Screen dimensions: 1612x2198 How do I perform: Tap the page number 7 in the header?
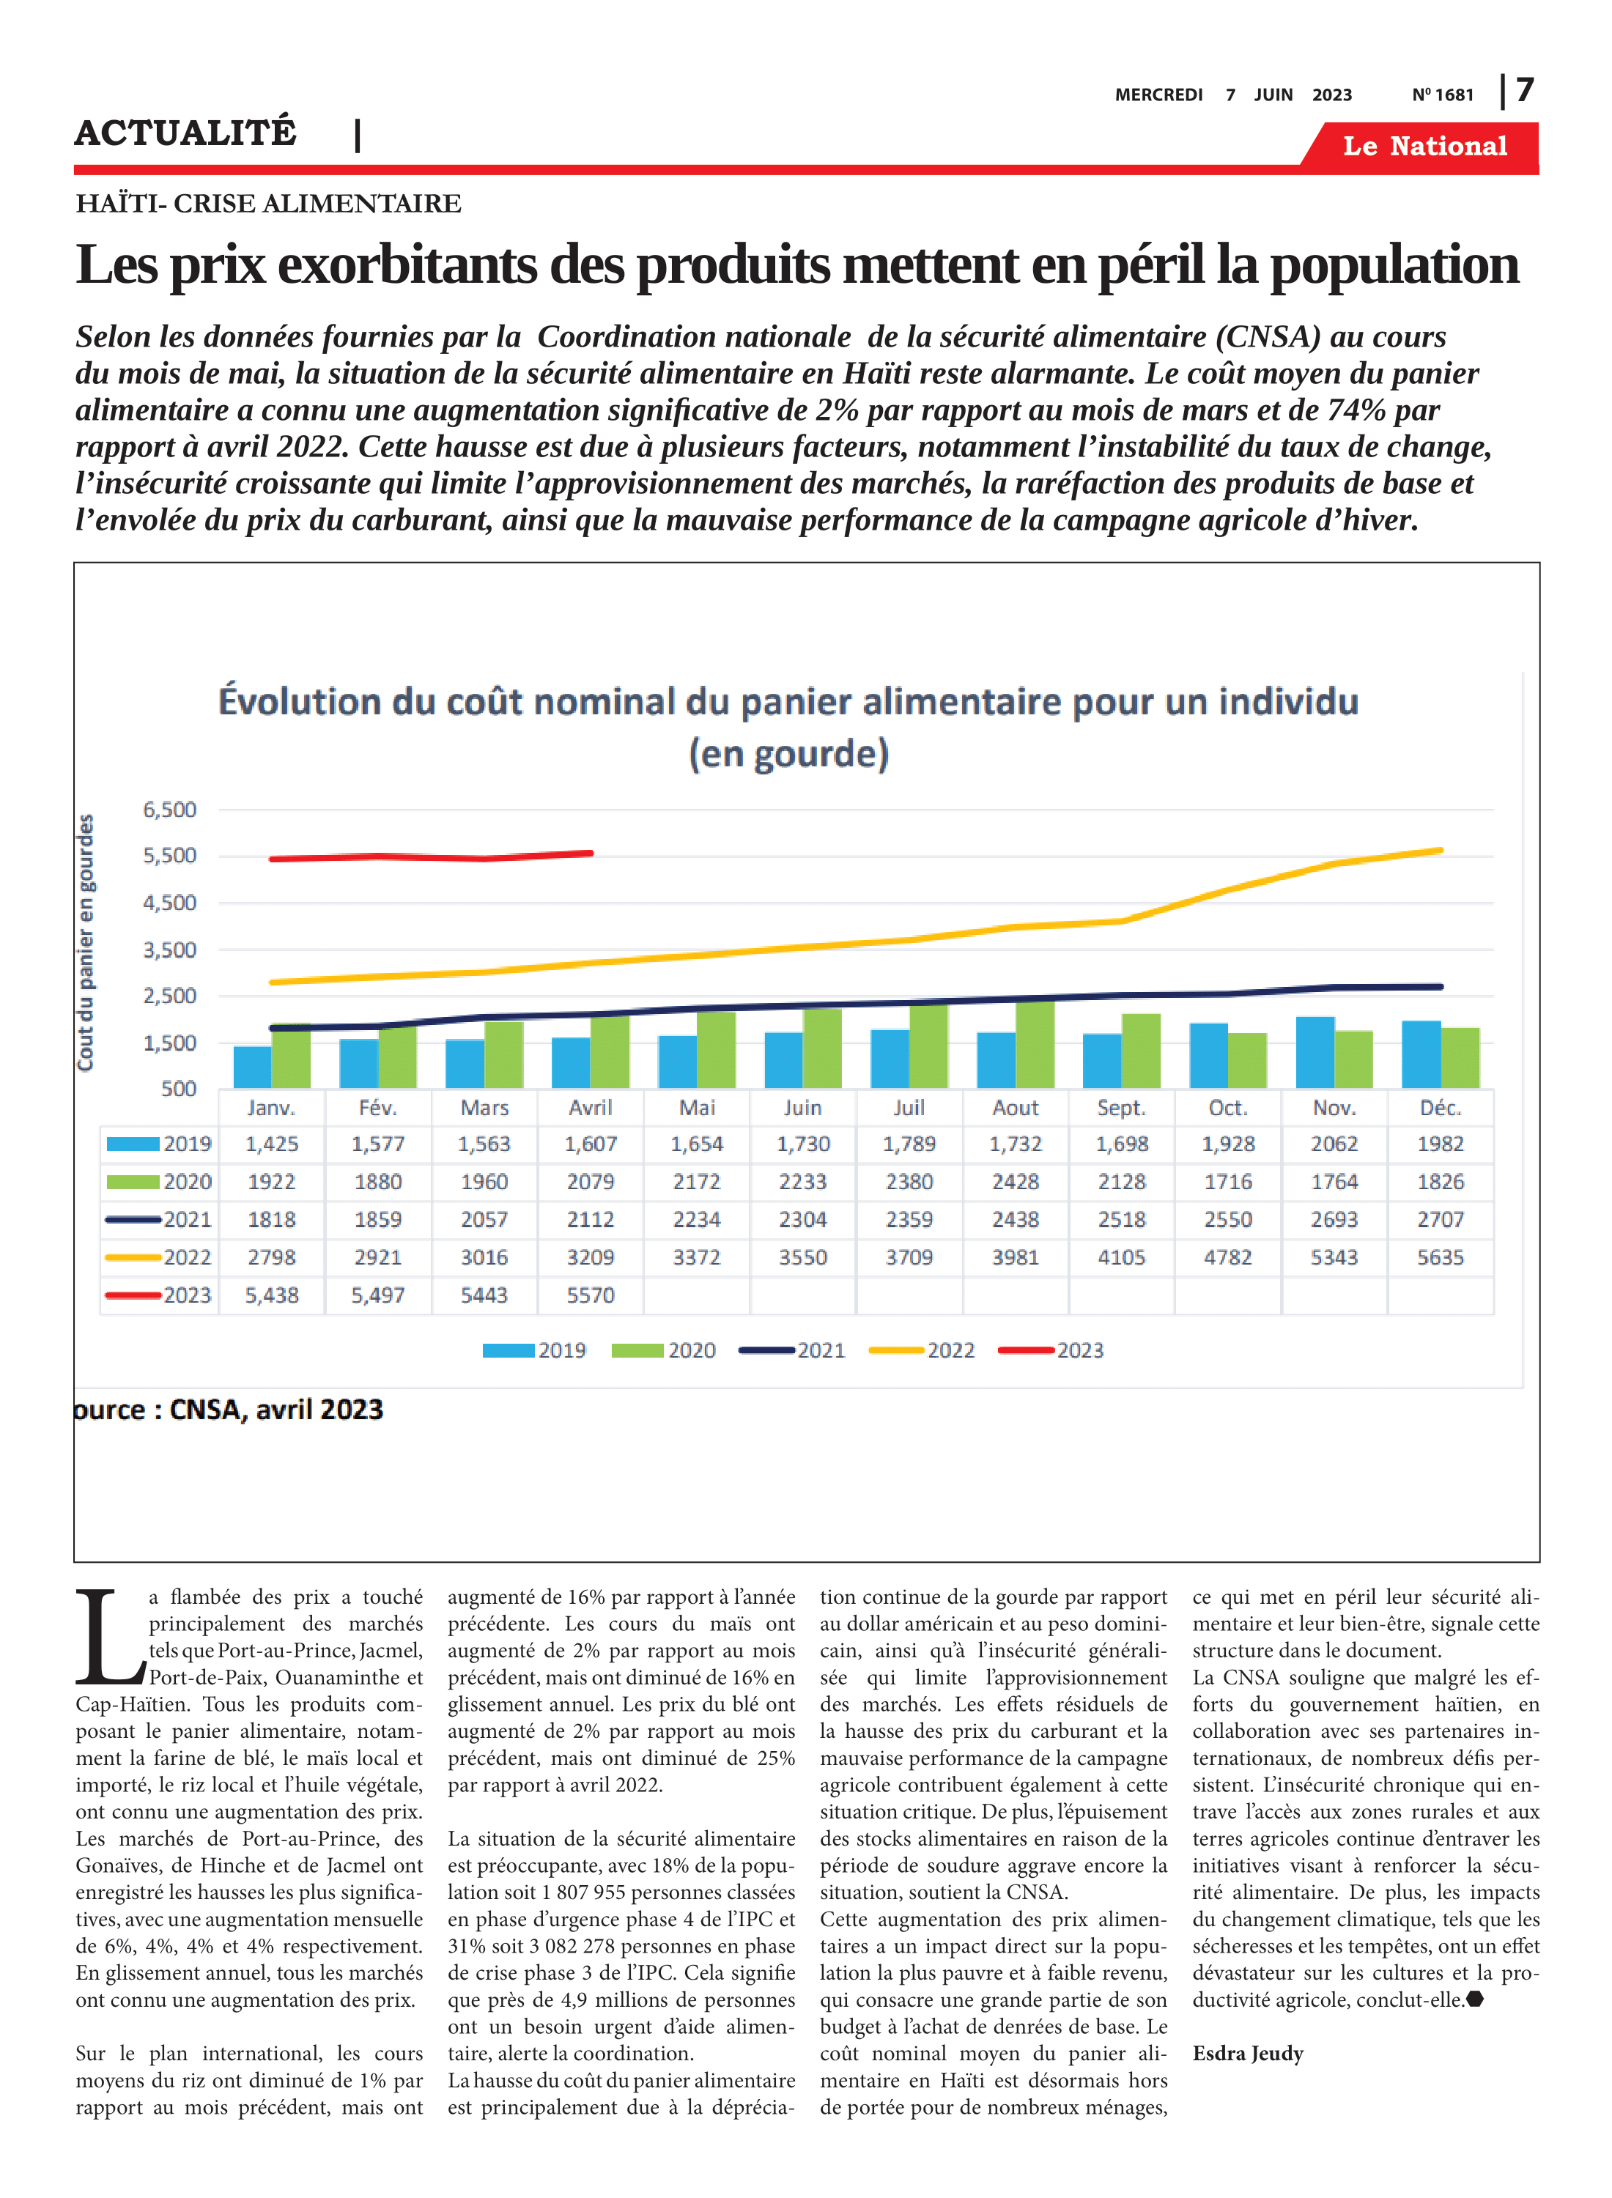point(1525,91)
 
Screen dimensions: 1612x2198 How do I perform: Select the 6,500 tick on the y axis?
point(170,809)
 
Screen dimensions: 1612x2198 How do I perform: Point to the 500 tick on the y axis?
point(179,1088)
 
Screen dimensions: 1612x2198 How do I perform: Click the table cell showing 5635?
point(1441,1257)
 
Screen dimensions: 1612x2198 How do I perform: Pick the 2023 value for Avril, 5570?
point(591,1295)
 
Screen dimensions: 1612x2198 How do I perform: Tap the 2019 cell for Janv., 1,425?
point(271,1144)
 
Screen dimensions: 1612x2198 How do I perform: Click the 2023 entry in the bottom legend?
point(1051,1350)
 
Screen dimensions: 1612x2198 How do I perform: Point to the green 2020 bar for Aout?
point(1035,1044)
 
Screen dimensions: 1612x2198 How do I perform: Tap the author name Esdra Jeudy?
point(1248,2053)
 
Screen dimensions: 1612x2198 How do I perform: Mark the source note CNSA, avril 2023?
point(276,1410)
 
